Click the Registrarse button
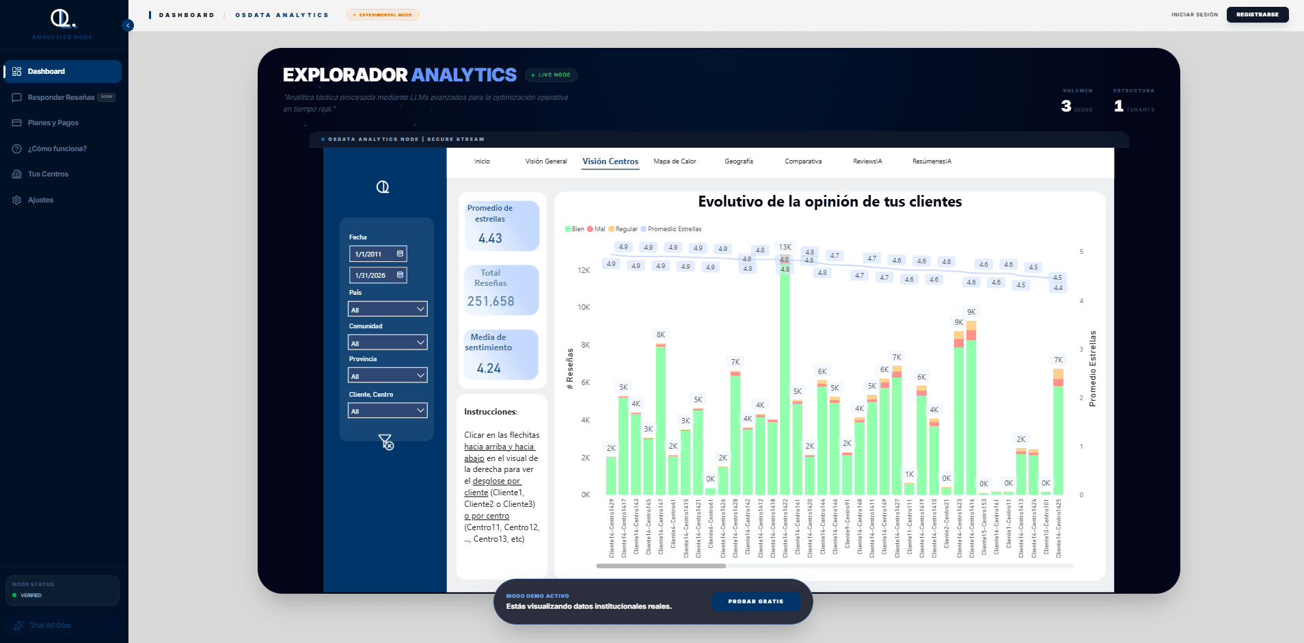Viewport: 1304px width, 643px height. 1257,14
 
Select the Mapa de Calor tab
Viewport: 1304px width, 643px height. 675,161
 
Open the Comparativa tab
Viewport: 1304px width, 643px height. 803,161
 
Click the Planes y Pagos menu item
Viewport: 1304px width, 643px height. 53,123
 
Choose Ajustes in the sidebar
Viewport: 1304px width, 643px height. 40,200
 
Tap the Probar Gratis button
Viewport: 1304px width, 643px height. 755,601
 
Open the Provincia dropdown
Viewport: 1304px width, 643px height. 388,376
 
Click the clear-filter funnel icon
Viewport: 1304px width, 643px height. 386,443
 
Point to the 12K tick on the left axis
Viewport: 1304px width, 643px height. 584,270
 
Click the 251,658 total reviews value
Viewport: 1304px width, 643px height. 491,301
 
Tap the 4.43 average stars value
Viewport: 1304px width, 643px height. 490,238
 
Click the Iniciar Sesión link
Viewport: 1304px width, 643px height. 1194,14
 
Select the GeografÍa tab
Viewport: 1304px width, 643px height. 739,161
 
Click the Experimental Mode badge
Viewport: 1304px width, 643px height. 383,14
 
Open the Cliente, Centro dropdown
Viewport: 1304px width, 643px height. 388,410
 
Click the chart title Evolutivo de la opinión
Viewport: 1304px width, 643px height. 830,202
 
